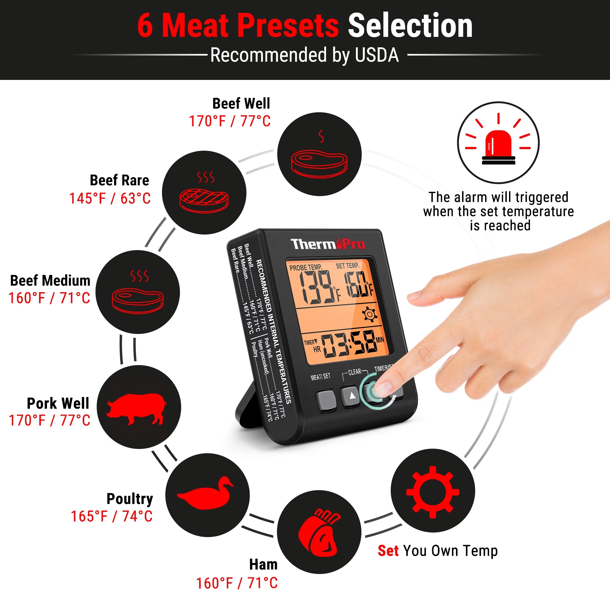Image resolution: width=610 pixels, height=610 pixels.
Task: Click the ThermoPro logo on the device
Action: point(327,244)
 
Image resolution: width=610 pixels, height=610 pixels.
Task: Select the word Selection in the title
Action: point(410,26)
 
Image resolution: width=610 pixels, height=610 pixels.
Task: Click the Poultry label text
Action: point(129,499)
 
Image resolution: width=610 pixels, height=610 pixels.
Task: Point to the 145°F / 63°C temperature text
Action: point(110,199)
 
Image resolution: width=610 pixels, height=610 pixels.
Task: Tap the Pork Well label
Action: point(58,403)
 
